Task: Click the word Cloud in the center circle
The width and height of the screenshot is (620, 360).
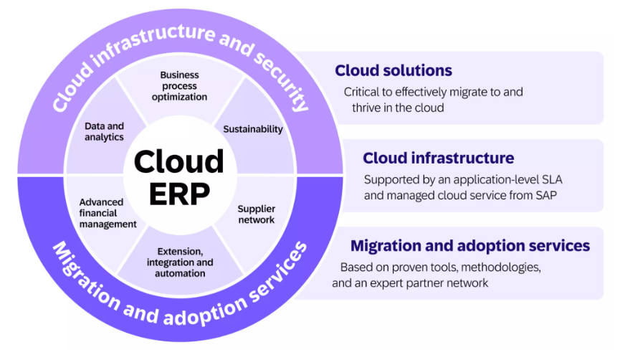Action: pos(179,162)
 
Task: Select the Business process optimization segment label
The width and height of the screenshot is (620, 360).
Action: pos(179,85)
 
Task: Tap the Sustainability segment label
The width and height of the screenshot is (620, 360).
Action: pos(253,129)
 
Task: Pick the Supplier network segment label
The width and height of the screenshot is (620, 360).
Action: pos(255,214)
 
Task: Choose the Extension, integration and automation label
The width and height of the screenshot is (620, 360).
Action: pos(180,262)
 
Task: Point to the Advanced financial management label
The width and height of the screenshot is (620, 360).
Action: pos(108,213)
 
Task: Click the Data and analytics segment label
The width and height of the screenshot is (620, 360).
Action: pos(104,131)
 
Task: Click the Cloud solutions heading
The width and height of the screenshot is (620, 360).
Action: pos(394,70)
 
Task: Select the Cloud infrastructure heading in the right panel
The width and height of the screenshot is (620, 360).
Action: pos(438,158)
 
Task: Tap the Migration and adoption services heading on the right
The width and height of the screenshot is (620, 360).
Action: pos(470,246)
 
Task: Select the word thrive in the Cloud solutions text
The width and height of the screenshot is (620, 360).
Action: pos(371,108)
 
